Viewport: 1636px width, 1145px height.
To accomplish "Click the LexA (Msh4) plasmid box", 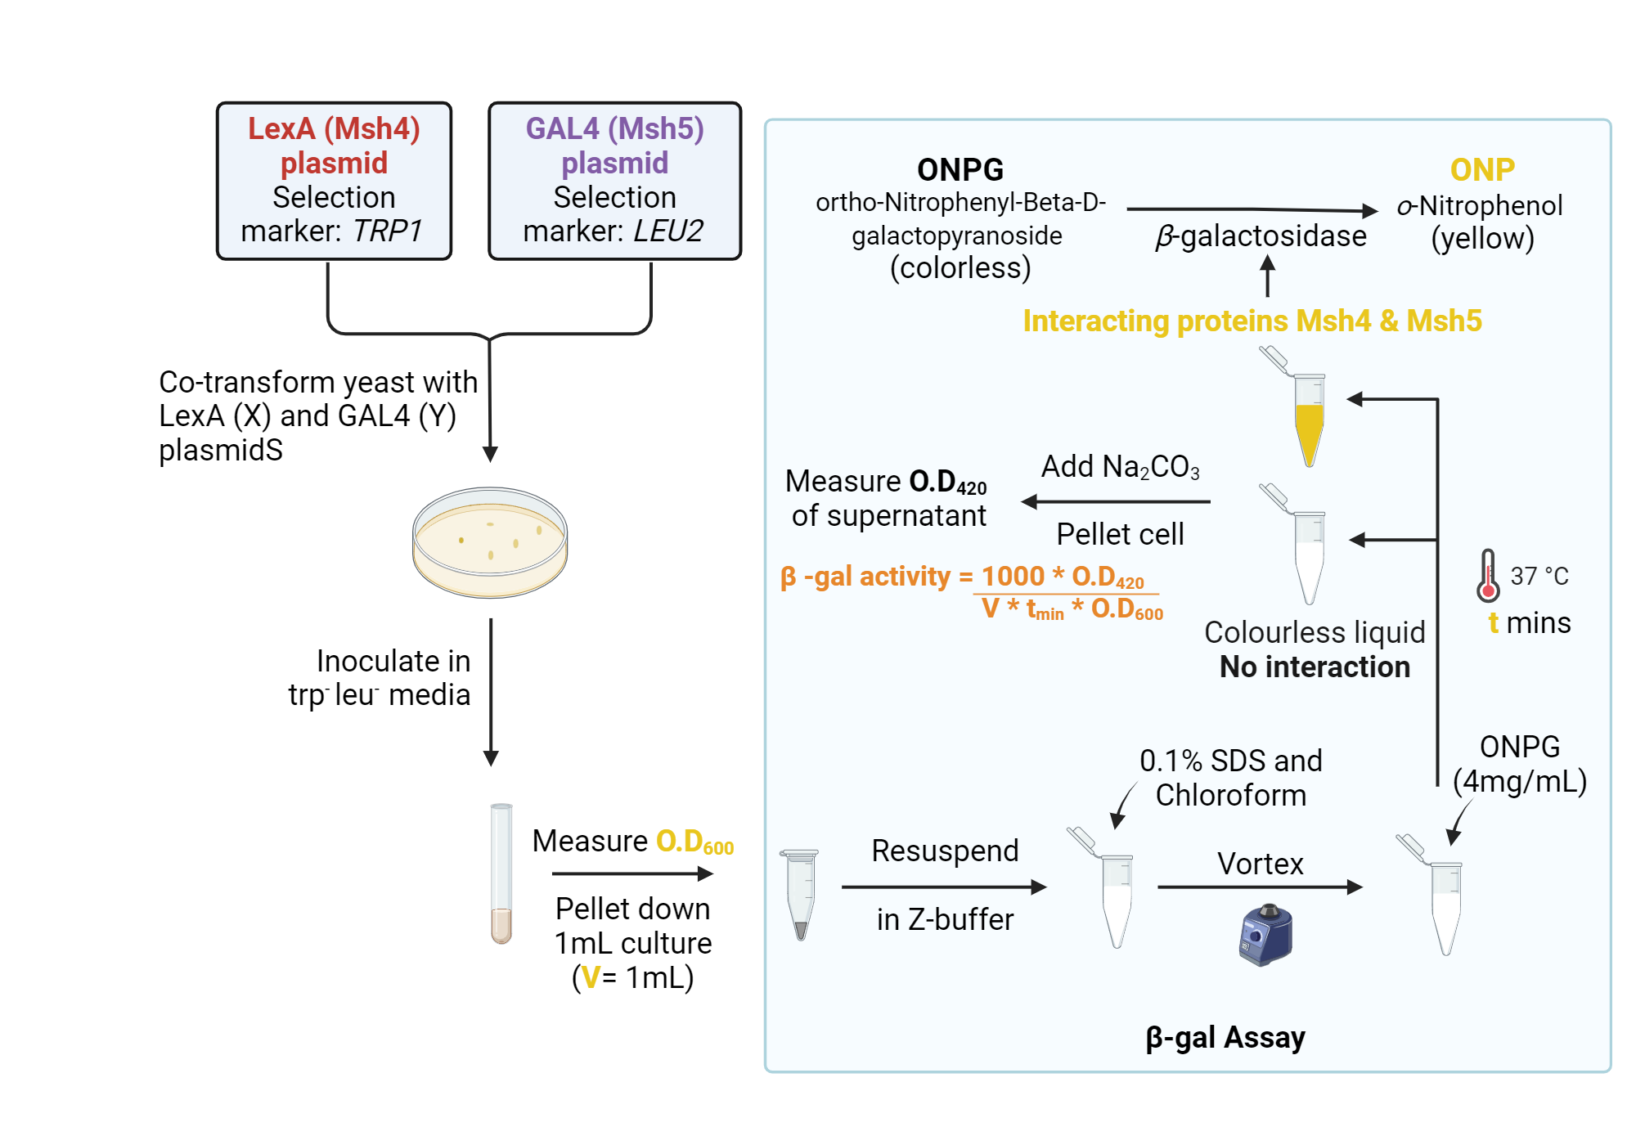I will coord(334,180).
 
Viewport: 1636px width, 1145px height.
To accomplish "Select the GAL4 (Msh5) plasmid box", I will coord(614,180).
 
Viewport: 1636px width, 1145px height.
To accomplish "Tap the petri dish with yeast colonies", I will coord(490,541).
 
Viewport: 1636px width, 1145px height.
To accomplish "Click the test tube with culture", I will coord(501,873).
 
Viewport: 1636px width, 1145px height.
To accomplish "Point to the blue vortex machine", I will coord(1265,935).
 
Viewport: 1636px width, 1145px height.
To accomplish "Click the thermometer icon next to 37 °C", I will coord(1488,576).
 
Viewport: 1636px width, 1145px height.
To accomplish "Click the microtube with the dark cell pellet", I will coord(800,896).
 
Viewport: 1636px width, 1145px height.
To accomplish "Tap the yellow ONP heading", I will coord(1482,170).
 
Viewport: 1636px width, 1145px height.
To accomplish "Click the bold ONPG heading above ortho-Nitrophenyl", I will coord(960,170).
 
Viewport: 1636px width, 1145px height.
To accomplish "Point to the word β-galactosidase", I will coord(1261,236).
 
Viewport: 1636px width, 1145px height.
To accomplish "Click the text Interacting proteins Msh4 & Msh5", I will coord(1252,321).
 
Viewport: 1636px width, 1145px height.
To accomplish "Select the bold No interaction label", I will coord(1315,667).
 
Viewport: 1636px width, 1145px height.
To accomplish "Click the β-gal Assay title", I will coord(1225,1037).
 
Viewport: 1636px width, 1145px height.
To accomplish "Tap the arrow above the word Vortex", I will coord(1260,887).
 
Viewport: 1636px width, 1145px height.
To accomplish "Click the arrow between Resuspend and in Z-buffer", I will coord(944,887).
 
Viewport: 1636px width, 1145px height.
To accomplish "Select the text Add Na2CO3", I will coord(1120,467).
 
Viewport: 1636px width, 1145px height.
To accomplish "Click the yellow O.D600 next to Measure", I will coord(694,842).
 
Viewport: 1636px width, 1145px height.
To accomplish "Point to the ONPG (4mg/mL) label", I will coord(1520,764).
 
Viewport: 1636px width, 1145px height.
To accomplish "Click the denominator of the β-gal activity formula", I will coord(1072,609).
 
